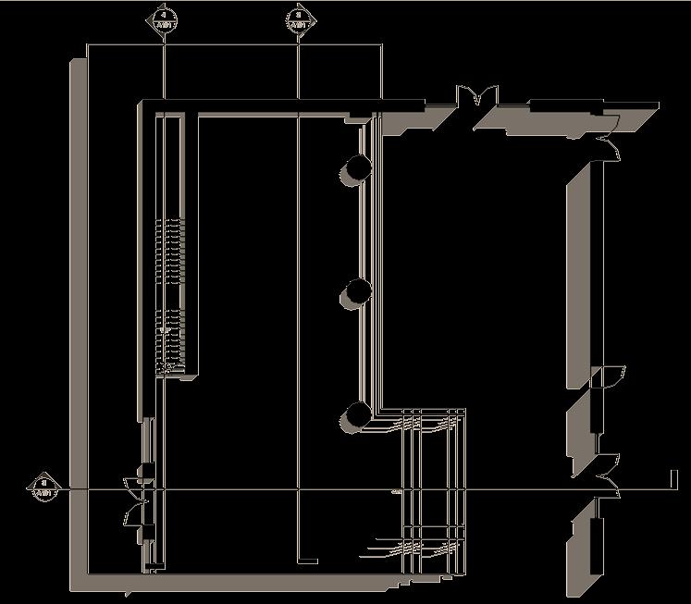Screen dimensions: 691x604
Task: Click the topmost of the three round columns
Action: pyautogui.click(x=356, y=167)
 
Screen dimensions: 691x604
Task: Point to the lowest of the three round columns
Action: pyautogui.click(x=356, y=415)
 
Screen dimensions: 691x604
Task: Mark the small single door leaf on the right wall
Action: pyautogui.click(x=606, y=376)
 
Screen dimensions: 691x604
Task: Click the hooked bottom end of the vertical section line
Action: pyautogui.click(x=307, y=561)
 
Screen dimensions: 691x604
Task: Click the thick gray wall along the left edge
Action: pyautogui.click(x=78, y=314)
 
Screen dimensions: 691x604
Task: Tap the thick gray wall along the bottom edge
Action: pyautogui.click(x=241, y=584)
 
